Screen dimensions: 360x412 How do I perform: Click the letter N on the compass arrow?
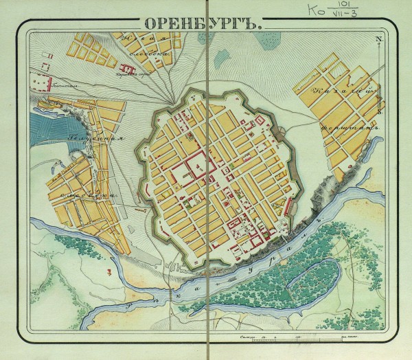coord(378,38)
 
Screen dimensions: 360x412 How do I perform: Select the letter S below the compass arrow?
coord(378,110)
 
